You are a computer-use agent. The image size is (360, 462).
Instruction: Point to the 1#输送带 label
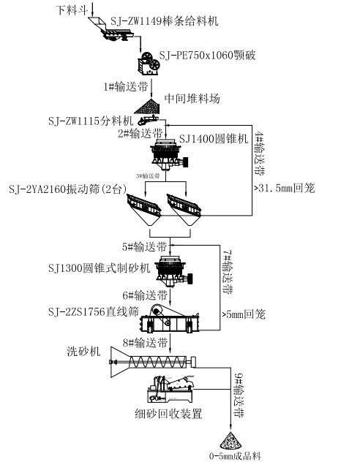click(126, 86)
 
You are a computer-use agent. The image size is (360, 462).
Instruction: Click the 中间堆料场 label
click(192, 99)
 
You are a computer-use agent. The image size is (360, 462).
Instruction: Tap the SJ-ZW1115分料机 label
click(90, 120)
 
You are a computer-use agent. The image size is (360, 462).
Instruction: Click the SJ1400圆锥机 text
click(214, 139)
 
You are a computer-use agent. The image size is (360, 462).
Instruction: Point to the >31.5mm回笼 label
click(283, 188)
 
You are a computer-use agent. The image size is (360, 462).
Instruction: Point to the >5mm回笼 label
click(244, 316)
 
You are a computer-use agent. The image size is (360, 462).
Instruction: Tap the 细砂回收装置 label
click(172, 414)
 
